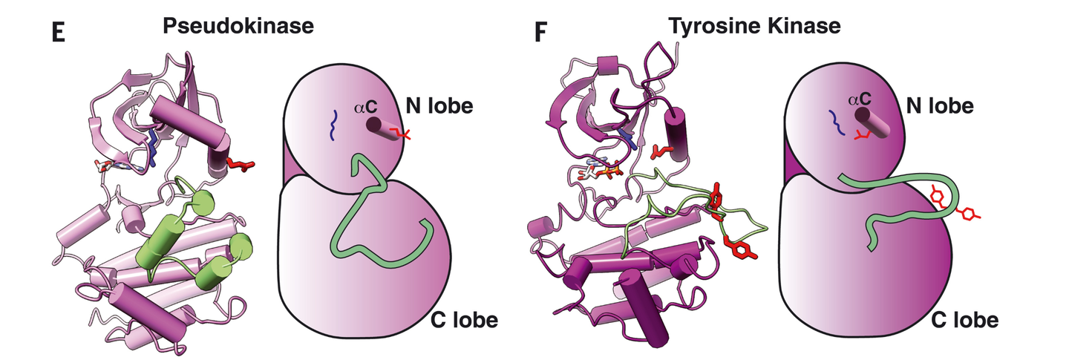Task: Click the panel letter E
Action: (x=58, y=33)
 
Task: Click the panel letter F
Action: (x=540, y=33)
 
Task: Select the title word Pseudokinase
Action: (x=238, y=26)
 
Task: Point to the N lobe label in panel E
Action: (x=439, y=105)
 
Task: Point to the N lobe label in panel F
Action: (x=940, y=105)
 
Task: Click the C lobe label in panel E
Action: (x=465, y=320)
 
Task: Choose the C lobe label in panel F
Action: (x=965, y=320)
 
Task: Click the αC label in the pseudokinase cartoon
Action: (x=365, y=106)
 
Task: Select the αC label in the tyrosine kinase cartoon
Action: (x=860, y=99)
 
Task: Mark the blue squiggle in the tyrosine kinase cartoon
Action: (x=837, y=122)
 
